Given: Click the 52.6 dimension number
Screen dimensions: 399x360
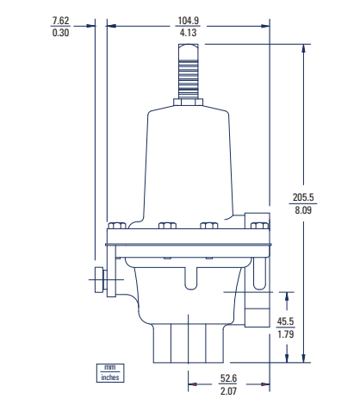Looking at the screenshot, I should pos(228,377).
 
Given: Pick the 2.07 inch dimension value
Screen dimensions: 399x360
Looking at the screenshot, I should pos(228,390).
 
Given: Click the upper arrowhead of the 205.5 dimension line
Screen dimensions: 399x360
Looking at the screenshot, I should pos(303,48).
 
